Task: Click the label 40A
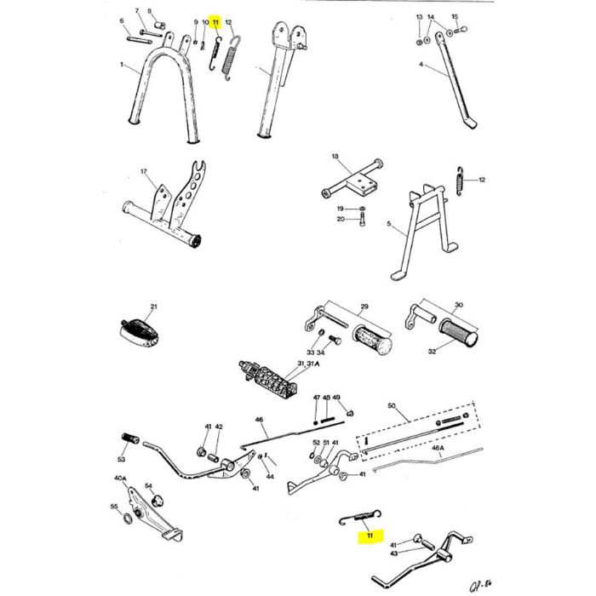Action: tap(120, 479)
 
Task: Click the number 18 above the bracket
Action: tap(335, 158)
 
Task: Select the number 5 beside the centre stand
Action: tap(389, 226)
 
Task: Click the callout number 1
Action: tap(122, 65)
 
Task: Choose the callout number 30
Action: tap(458, 305)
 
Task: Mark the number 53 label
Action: tap(121, 459)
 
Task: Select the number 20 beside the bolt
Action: tap(340, 220)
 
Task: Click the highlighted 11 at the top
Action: tap(216, 22)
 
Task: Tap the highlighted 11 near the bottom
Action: tap(370, 536)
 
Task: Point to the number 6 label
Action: tap(122, 21)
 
